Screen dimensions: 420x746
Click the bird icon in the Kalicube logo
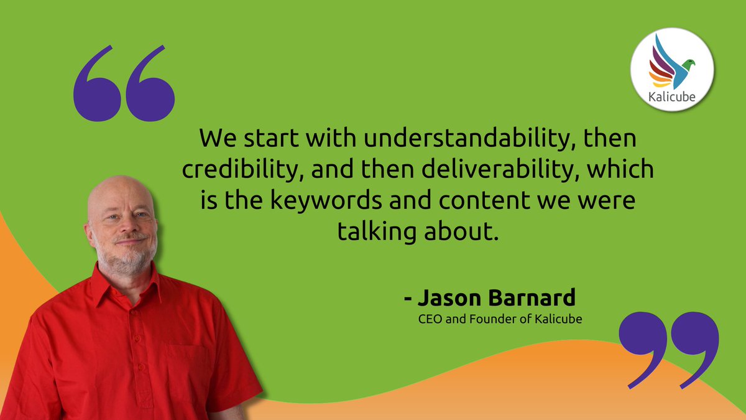[671, 62]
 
